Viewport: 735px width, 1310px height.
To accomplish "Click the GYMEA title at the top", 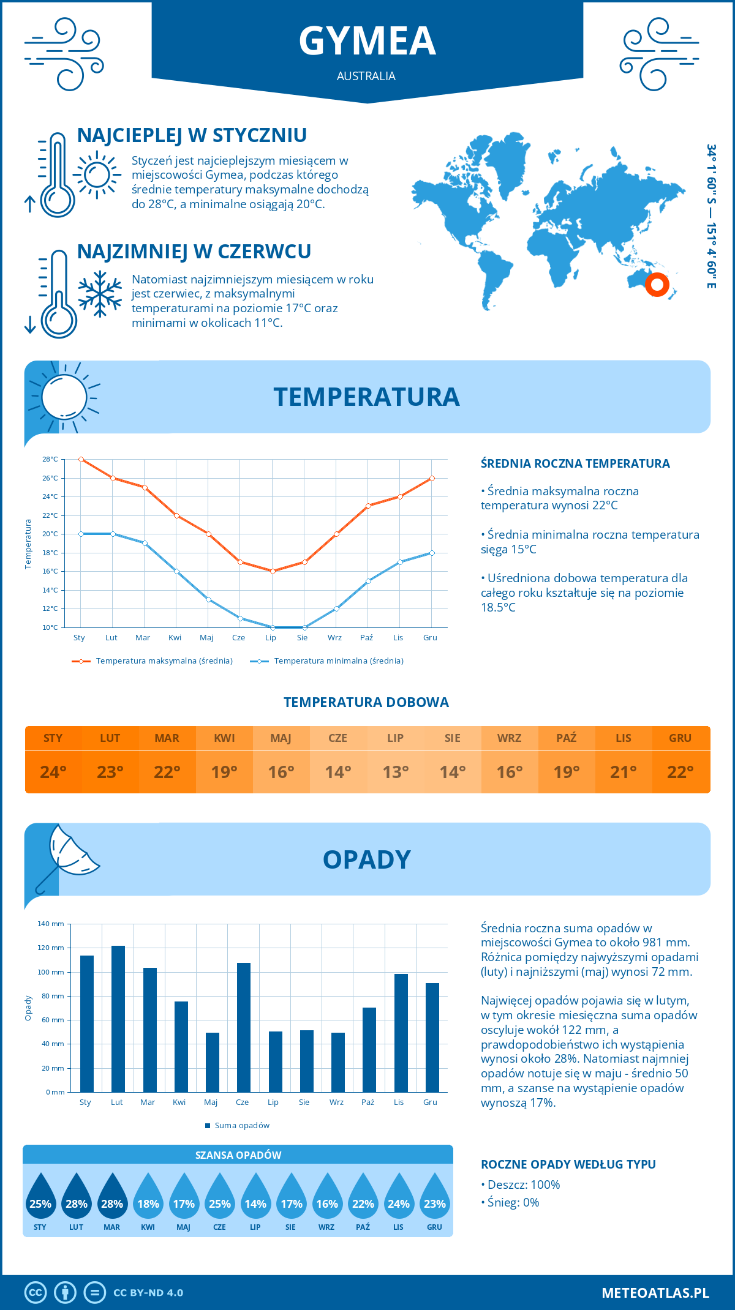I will click(367, 42).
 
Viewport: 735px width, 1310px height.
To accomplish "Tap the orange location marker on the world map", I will click(657, 284).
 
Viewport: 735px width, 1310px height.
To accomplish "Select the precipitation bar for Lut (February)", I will click(118, 1019).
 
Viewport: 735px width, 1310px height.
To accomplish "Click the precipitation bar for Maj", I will click(213, 1062).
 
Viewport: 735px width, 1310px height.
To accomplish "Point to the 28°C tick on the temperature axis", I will click(50, 459).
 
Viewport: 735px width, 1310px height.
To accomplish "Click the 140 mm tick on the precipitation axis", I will click(51, 924).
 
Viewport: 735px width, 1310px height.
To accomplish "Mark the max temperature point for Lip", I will click(273, 571).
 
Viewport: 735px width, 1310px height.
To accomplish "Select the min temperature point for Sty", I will click(81, 534).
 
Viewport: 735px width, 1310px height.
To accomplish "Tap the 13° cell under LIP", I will click(395, 772).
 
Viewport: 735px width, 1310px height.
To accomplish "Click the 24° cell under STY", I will click(53, 772).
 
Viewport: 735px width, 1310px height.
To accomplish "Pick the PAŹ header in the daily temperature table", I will click(566, 738).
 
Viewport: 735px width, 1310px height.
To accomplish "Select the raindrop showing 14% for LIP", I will click(255, 1198).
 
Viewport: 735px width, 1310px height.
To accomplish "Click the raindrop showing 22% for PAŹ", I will click(363, 1198).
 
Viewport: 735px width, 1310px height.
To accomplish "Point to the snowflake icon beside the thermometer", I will click(100, 294).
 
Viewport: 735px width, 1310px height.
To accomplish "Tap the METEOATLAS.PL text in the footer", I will click(655, 1293).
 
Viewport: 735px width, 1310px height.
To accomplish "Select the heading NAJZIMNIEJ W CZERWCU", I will click(194, 252).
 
